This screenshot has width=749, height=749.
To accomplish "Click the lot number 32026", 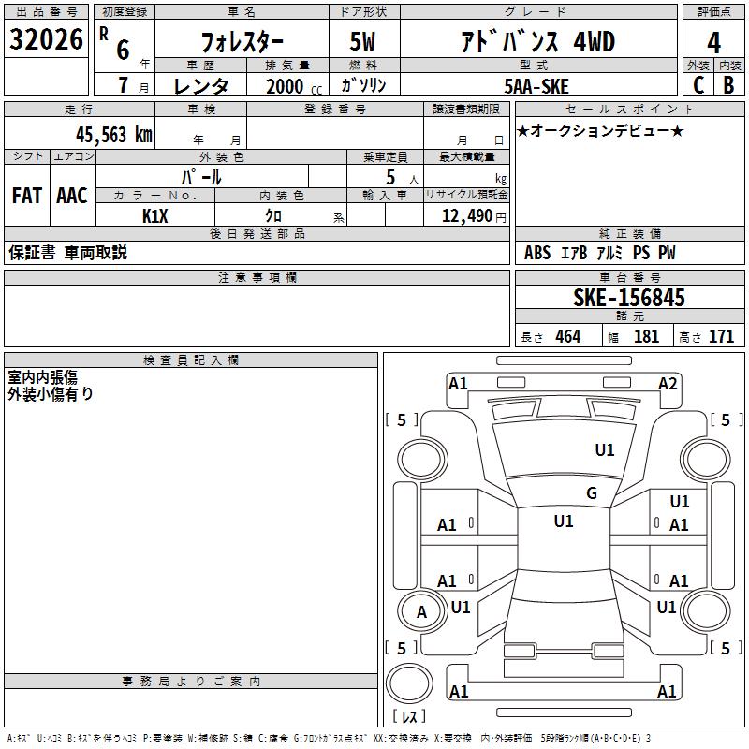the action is coord(46,39).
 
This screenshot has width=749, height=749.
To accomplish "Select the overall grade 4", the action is coord(713,43).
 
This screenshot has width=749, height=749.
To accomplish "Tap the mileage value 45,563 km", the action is coord(113,135).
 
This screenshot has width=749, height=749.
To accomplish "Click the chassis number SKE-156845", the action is coord(629,298).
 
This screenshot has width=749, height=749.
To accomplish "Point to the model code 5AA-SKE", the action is coord(536,86).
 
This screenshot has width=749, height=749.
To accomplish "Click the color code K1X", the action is coord(155,216).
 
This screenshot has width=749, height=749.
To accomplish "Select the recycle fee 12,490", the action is coord(466,216).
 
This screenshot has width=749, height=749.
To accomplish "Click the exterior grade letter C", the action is coord(698,85).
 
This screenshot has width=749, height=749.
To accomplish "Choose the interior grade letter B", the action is coord(728,85).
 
